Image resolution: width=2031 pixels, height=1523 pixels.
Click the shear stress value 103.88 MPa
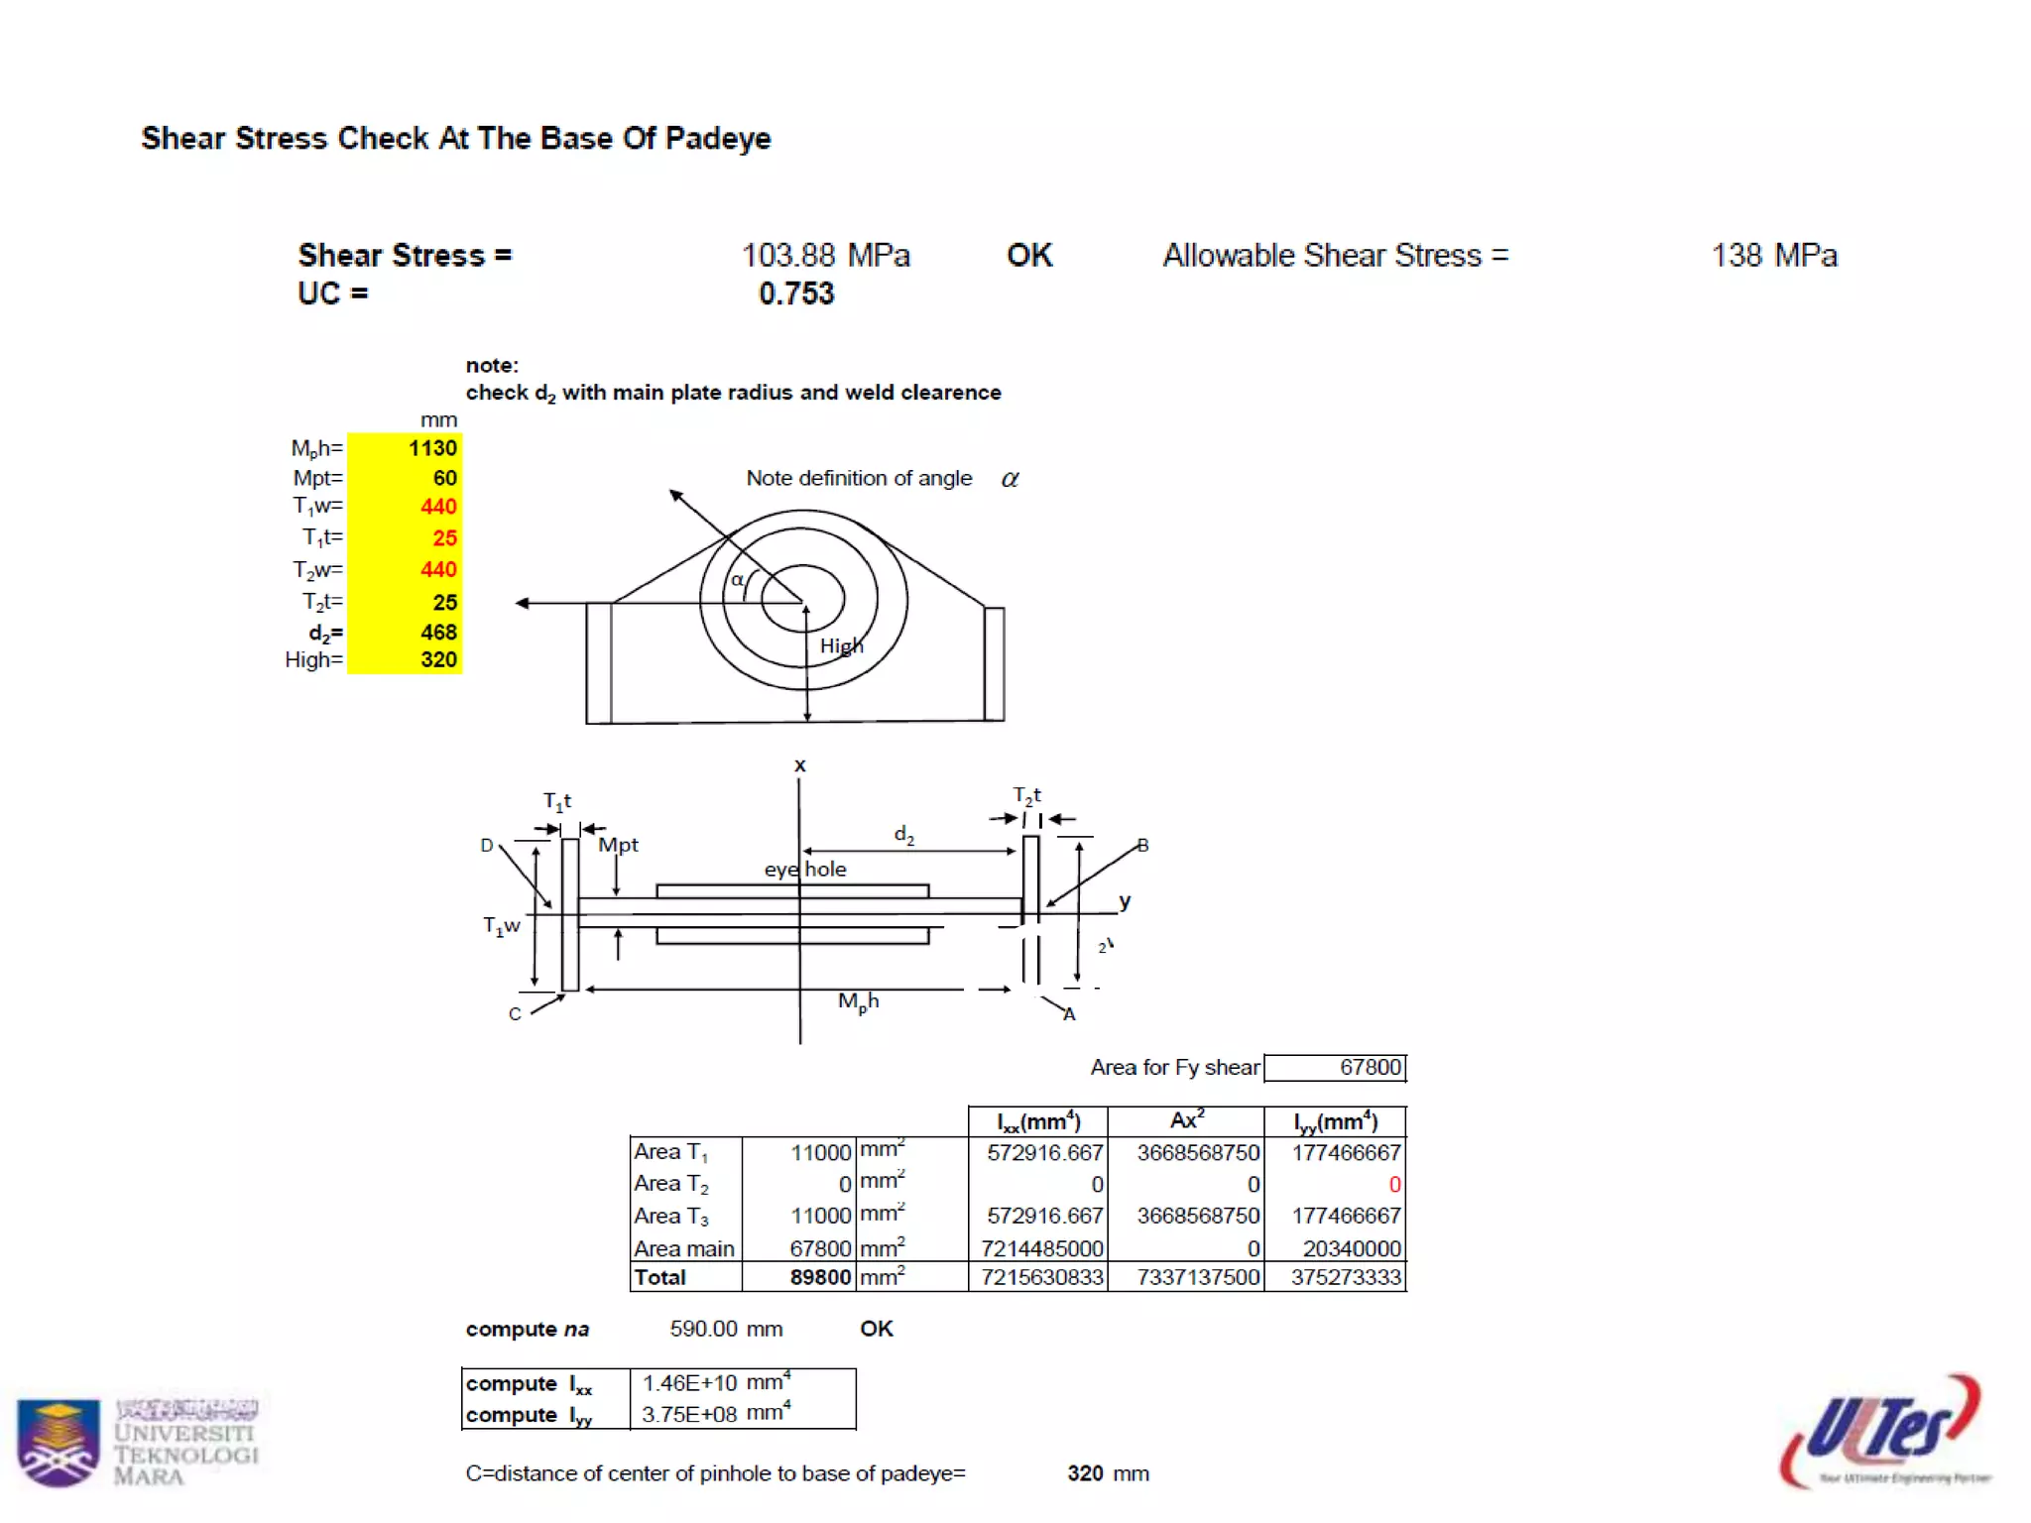tap(825, 256)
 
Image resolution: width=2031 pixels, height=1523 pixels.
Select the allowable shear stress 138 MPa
tap(1773, 256)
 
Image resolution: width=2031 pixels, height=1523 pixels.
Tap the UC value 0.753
tap(796, 293)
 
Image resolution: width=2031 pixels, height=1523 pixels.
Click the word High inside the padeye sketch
tap(841, 646)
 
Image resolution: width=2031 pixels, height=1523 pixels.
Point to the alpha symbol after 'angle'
tap(1010, 479)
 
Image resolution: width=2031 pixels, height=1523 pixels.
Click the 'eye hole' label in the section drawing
tap(804, 870)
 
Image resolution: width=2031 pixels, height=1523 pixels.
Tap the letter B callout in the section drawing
tap(1142, 846)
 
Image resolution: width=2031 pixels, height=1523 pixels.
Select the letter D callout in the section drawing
tap(486, 846)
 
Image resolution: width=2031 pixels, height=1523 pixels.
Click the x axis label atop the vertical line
tap(799, 765)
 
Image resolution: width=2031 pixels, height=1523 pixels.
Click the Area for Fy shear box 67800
tap(1335, 1068)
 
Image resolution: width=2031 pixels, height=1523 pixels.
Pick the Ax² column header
tap(1186, 1121)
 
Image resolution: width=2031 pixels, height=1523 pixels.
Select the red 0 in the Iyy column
tap(1393, 1185)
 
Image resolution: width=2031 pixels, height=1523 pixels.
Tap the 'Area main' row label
tap(684, 1249)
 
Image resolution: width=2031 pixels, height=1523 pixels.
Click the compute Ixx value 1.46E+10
tap(689, 1383)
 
